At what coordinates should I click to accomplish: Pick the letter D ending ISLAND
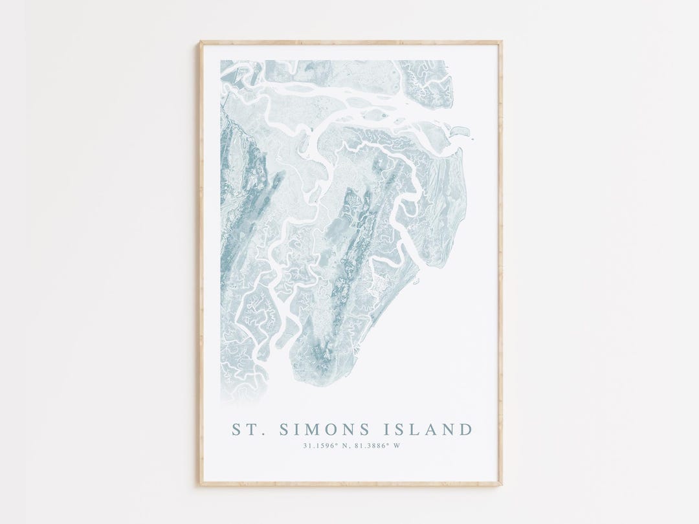466,429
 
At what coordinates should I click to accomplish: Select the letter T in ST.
249,429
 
